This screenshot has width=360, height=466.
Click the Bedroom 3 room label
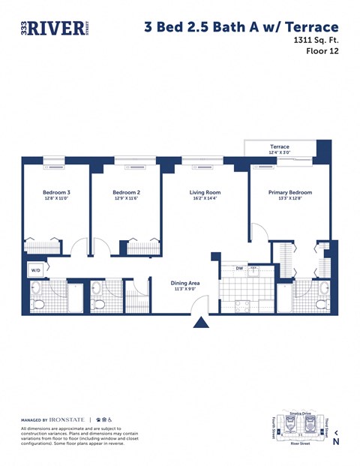coord(57,193)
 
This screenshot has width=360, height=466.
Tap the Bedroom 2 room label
coord(126,193)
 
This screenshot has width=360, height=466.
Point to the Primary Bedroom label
coord(289,193)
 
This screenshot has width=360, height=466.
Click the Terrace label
coord(280,146)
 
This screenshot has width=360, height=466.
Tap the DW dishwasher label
coord(239,268)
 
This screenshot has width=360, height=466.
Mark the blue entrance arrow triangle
coord(201,322)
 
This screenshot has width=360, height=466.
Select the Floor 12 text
coord(322,52)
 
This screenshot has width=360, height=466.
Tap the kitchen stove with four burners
coord(243,305)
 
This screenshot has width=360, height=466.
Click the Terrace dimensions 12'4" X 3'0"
coord(280,153)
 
